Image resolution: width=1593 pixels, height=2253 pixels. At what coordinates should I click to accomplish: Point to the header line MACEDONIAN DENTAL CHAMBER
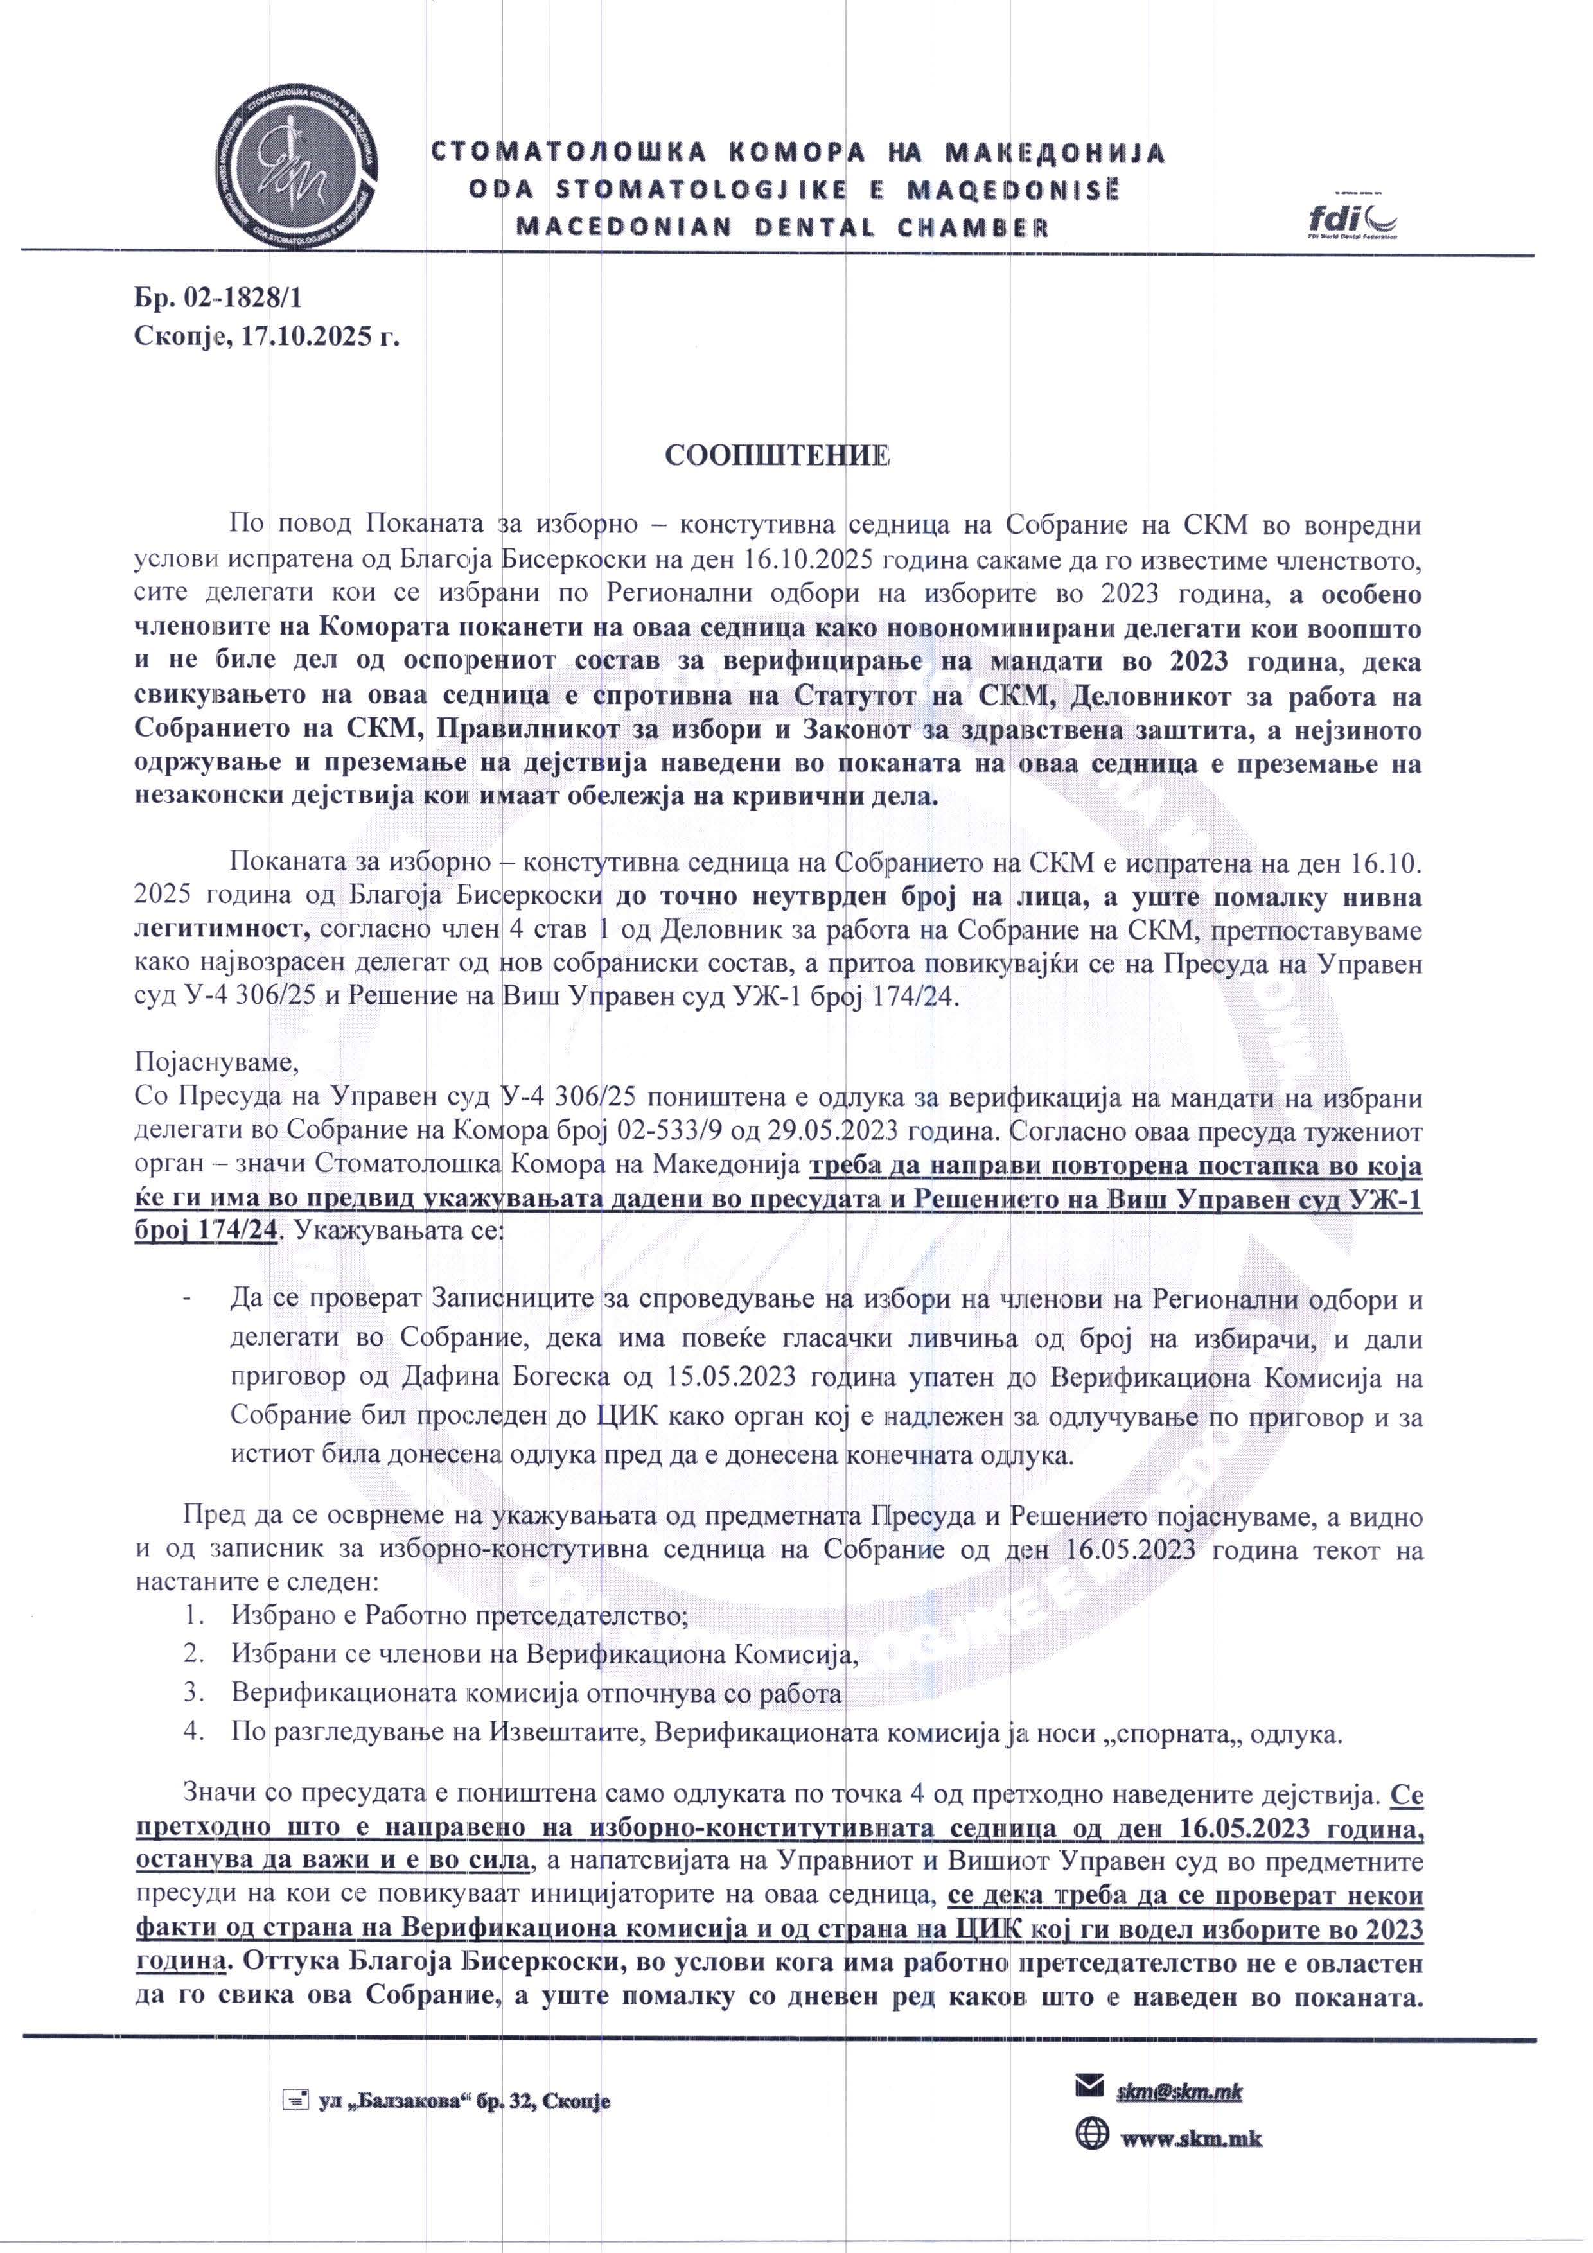(782, 227)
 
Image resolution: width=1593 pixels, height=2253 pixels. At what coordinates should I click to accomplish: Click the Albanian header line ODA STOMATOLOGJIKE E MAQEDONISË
(793, 189)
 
